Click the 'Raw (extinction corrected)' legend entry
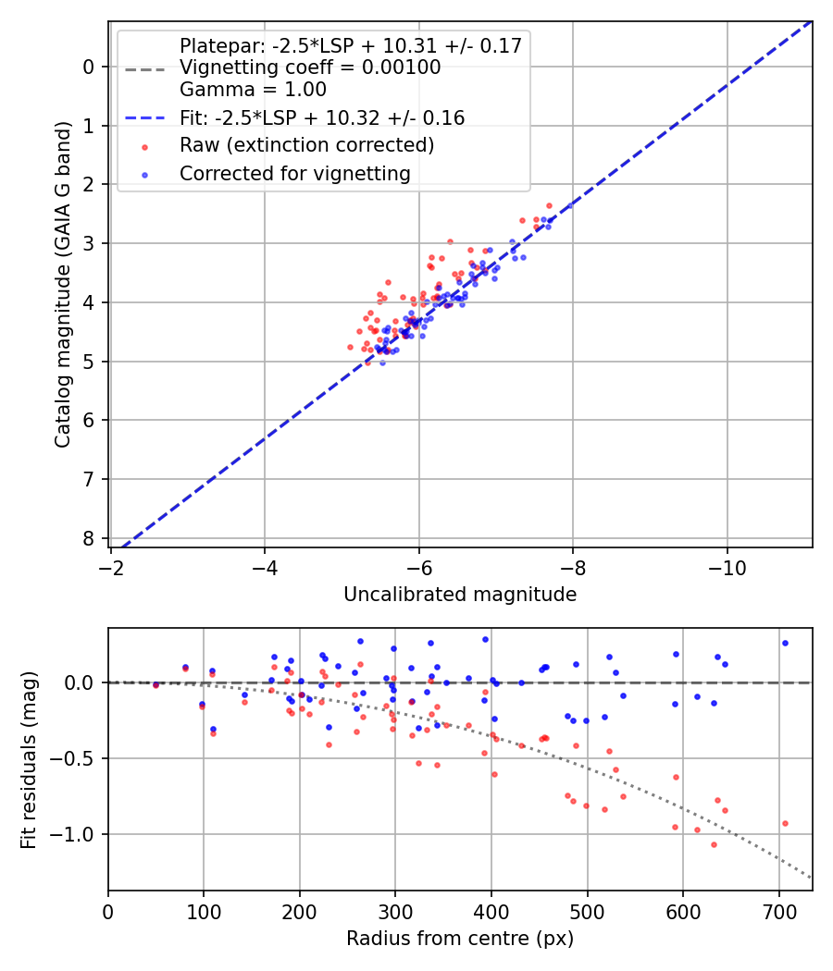point(306,145)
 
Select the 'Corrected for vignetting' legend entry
point(294,173)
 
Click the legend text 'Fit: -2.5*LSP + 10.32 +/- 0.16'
point(321,117)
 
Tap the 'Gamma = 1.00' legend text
point(253,90)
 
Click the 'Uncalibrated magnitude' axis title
point(460,595)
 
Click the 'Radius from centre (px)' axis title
point(460,939)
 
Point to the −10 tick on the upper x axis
point(727,563)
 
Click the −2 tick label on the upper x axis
point(111,563)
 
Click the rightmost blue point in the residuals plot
point(785,643)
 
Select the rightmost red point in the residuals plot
point(785,823)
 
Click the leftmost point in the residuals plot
point(155,685)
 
